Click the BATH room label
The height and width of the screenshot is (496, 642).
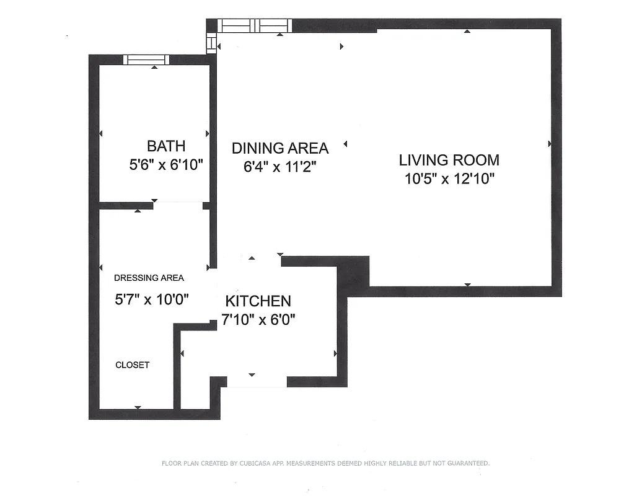pos(165,146)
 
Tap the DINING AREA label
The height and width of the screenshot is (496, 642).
pos(280,148)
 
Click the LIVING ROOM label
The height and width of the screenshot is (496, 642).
pos(449,160)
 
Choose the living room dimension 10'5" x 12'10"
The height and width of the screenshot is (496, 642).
pos(449,179)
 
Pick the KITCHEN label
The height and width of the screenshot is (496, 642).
pos(258,301)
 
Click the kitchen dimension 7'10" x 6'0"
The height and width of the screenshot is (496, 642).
pos(258,320)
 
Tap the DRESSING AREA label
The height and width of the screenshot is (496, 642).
pos(149,278)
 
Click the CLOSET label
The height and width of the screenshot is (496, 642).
pos(132,365)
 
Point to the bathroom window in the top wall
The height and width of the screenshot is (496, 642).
pos(146,60)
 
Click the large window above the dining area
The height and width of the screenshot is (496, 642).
pos(255,25)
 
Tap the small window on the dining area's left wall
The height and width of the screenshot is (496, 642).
pos(212,43)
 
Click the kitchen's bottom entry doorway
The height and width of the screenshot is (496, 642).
pos(257,382)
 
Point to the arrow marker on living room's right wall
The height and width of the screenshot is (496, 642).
pos(550,144)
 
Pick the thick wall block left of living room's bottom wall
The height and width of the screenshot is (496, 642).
pos(353,272)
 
